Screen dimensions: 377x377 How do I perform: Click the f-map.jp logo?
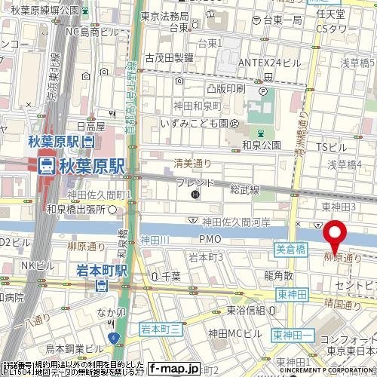click(x=173, y=369)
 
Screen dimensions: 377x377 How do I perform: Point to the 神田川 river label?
click(x=155, y=239)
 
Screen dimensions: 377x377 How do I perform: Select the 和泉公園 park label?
click(x=262, y=144)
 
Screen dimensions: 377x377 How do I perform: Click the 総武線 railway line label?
click(x=245, y=190)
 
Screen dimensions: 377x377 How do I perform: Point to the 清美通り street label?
click(x=192, y=161)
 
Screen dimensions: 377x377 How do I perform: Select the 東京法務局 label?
click(x=164, y=16)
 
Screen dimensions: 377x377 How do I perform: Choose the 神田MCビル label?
click(x=234, y=333)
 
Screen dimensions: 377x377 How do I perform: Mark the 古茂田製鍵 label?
click(x=169, y=57)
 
